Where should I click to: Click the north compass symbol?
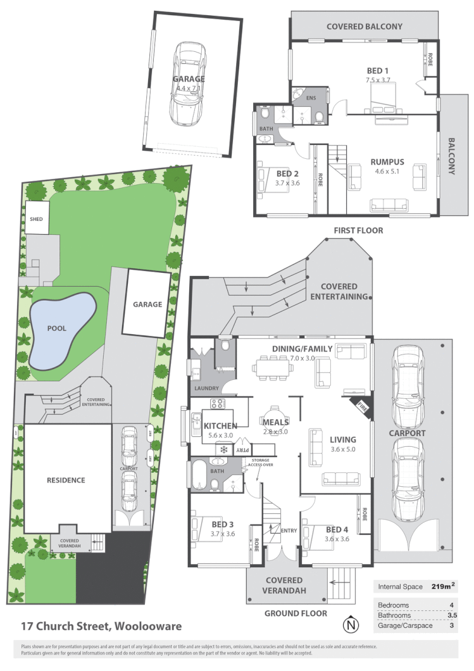point(350,626)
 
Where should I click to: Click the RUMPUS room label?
point(387,161)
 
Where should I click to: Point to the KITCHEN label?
point(220,426)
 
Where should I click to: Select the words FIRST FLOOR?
point(359,230)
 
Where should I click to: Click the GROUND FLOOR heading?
point(296,613)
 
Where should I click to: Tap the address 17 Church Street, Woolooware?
point(101,627)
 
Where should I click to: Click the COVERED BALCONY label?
point(364,27)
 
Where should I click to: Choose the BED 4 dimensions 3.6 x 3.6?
point(337,539)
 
